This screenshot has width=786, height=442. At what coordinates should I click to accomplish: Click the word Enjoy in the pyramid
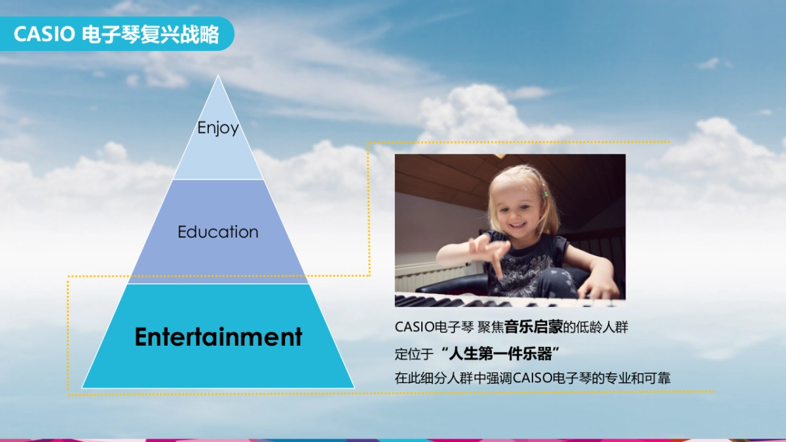point(218,128)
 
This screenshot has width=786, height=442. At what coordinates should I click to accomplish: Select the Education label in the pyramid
point(218,232)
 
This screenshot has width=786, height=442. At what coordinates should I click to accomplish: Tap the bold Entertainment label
point(218,337)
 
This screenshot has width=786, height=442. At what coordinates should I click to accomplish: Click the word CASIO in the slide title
point(44,34)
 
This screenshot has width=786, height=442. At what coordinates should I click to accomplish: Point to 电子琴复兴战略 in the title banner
point(151,34)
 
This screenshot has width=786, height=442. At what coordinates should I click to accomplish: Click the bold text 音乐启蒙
point(534,327)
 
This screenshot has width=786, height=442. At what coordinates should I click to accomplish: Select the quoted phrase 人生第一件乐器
point(501,354)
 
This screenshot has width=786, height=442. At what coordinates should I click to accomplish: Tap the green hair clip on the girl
point(545,194)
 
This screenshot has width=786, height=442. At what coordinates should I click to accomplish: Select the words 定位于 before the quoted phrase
point(414,354)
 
